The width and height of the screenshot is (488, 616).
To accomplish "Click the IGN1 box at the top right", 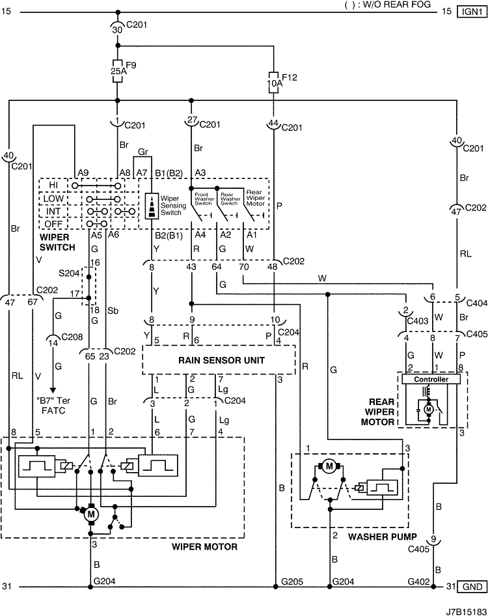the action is [x=472, y=11].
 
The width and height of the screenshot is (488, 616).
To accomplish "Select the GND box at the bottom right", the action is [x=472, y=587].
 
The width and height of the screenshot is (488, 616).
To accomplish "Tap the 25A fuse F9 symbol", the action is [x=117, y=71].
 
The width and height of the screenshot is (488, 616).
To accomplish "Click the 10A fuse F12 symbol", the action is [x=273, y=83].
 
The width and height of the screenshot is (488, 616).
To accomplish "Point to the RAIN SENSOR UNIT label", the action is [x=221, y=360].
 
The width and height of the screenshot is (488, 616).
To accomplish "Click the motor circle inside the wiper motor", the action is [x=91, y=514].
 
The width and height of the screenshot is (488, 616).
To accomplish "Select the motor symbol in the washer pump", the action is [x=329, y=466].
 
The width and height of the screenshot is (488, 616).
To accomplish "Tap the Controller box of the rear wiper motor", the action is [x=431, y=379].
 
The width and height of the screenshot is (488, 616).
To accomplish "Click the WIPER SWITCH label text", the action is [x=57, y=242].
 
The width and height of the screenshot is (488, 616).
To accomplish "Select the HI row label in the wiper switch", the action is [x=53, y=185].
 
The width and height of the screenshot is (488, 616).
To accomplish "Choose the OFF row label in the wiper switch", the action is [x=53, y=224].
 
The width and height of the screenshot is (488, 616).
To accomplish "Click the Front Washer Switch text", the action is [x=204, y=199].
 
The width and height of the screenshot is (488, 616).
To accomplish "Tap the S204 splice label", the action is [x=69, y=273].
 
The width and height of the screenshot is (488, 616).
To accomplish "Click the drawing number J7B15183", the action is [x=466, y=611].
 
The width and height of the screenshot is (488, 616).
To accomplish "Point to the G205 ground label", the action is [x=292, y=581].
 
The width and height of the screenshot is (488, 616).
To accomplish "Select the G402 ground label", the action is [x=419, y=581].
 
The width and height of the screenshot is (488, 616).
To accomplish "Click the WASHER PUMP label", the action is [x=383, y=537].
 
